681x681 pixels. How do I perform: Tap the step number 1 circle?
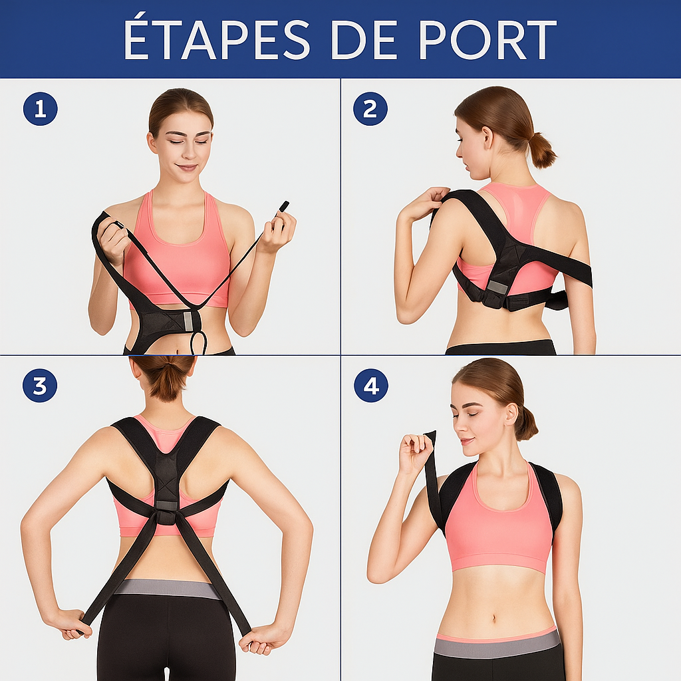[40, 109]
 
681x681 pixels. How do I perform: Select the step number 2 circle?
[370, 109]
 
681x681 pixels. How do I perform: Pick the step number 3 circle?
[40, 386]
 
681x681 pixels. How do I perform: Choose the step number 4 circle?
[370, 386]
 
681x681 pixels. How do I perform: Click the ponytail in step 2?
[541, 150]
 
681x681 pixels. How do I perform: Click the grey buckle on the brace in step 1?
[188, 321]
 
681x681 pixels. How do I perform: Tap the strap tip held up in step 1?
[284, 206]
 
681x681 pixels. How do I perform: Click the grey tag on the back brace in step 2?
[497, 287]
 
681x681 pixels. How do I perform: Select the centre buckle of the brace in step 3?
[166, 512]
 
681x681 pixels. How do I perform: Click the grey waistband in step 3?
[166, 589]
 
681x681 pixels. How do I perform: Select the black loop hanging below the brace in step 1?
[198, 343]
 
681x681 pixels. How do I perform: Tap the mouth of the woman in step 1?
[186, 168]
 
